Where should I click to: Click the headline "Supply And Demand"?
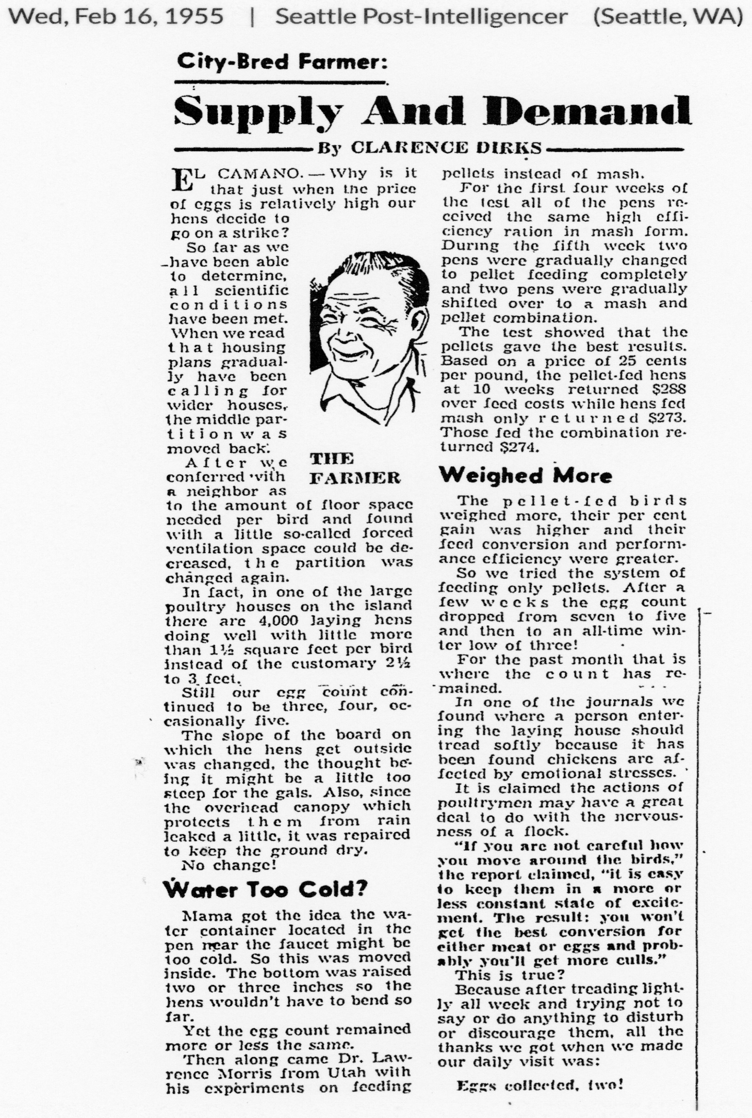(432, 111)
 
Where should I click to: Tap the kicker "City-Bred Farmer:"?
(281, 63)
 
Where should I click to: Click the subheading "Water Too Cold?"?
(265, 889)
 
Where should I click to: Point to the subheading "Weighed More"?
(525, 475)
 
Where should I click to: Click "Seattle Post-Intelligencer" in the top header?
(421, 17)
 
